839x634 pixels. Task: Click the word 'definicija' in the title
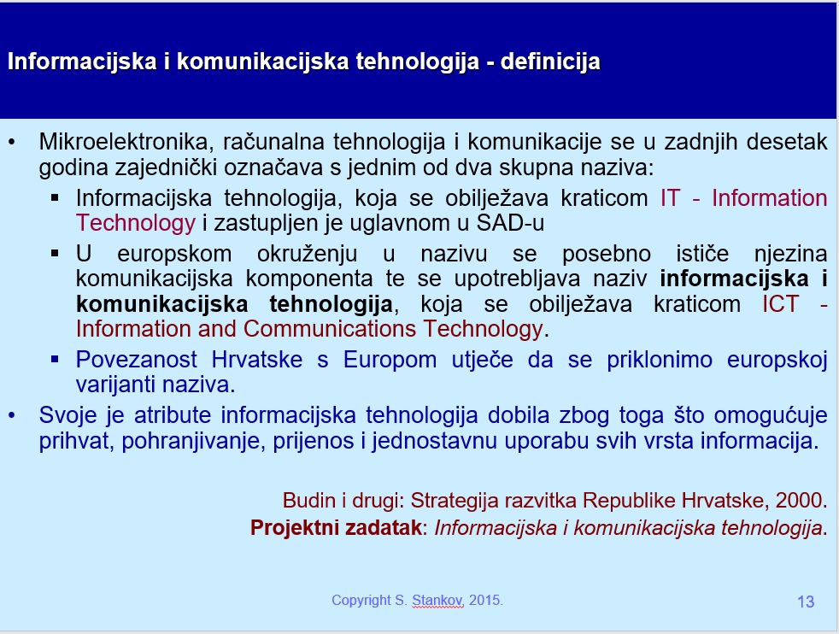550,62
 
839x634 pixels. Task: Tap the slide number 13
806,602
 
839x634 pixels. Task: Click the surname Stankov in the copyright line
437,601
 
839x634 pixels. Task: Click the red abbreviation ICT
780,304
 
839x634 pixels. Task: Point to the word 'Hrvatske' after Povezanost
257,360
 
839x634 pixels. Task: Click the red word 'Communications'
330,328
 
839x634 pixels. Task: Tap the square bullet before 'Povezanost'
55,359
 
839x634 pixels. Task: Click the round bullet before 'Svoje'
12,415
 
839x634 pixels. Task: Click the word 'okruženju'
307,254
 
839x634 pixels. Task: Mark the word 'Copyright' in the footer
361,601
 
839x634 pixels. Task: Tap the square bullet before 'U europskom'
55,253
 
